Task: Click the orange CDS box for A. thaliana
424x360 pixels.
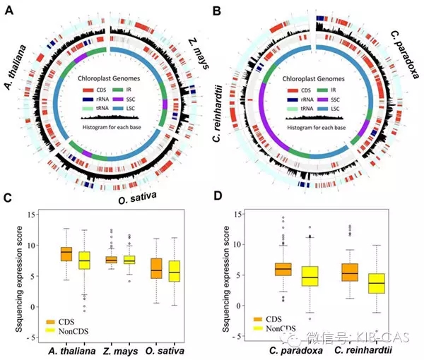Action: pos(66,254)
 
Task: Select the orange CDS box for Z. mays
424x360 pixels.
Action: pos(111,260)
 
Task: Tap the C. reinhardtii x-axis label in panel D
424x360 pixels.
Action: pos(365,348)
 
